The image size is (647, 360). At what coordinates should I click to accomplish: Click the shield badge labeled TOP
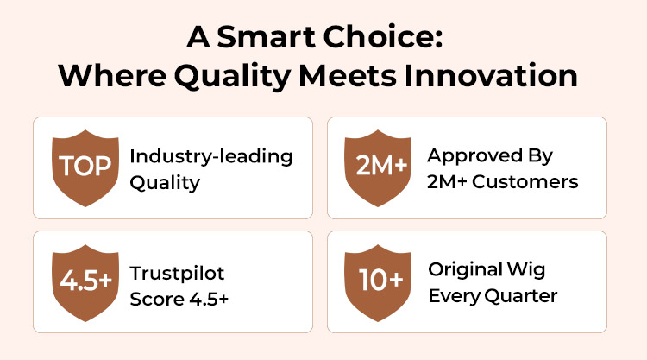85,168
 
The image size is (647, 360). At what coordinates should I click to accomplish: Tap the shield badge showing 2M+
378,168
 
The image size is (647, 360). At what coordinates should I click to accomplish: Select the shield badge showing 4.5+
85,283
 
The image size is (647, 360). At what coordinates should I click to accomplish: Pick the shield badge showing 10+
378,283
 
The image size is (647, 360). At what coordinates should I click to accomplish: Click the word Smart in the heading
267,37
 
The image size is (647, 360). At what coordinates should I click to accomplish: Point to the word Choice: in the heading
383,37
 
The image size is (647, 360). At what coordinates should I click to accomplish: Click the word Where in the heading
112,76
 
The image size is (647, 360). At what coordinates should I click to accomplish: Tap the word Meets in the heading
348,76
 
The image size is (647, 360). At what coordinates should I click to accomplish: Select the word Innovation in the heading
491,76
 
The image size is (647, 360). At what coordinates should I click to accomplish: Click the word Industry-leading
211,157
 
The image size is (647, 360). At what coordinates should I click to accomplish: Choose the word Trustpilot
177,274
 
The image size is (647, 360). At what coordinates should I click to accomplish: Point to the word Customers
525,181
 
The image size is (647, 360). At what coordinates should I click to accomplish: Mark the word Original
466,270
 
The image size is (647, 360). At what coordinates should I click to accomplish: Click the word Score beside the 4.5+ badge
156,299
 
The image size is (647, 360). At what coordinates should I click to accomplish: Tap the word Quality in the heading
232,77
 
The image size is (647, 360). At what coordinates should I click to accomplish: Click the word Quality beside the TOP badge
165,183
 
